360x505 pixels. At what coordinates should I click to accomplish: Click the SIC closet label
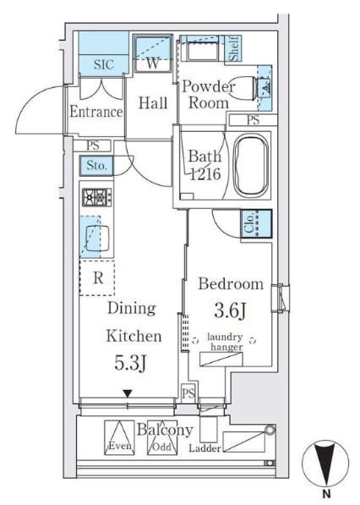(x=104, y=64)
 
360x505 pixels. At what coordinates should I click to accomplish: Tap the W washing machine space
(x=152, y=53)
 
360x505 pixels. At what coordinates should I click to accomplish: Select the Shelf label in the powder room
(x=234, y=48)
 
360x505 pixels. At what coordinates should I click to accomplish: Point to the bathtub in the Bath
(x=251, y=166)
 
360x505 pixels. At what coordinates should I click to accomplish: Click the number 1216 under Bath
(x=205, y=174)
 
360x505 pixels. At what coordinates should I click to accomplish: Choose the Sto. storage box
(x=96, y=166)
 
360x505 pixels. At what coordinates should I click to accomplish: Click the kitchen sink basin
(x=97, y=238)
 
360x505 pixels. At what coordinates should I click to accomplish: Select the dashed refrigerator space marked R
(x=97, y=277)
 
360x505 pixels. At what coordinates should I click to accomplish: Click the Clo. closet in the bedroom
(x=256, y=223)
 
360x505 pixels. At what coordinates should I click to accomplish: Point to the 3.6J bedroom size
(x=230, y=311)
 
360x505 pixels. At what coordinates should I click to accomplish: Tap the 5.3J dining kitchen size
(x=131, y=362)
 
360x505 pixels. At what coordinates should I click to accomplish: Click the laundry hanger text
(x=225, y=342)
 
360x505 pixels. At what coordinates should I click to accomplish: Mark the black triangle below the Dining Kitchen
(x=128, y=393)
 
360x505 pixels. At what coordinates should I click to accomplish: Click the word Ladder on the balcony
(x=205, y=448)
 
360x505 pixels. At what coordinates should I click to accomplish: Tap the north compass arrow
(x=325, y=464)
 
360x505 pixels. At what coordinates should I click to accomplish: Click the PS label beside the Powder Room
(x=254, y=120)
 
